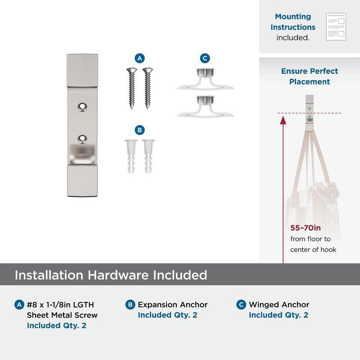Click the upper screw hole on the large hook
[82, 107]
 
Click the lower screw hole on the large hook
[82, 139]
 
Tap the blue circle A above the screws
[139, 58]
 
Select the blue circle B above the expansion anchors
[139, 130]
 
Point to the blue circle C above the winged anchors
[205, 58]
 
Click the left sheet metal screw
[132, 88]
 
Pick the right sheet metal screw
[148, 88]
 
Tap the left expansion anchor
[131, 156]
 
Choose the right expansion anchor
[148, 156]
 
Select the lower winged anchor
[205, 106]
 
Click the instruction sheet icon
[336, 27]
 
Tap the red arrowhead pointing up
[283, 120]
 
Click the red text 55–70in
[306, 228]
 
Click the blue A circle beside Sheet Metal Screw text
[19, 305]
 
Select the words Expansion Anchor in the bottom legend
[173, 305]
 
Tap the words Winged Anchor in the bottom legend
[279, 305]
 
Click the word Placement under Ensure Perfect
[310, 81]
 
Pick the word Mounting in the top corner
[293, 17]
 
